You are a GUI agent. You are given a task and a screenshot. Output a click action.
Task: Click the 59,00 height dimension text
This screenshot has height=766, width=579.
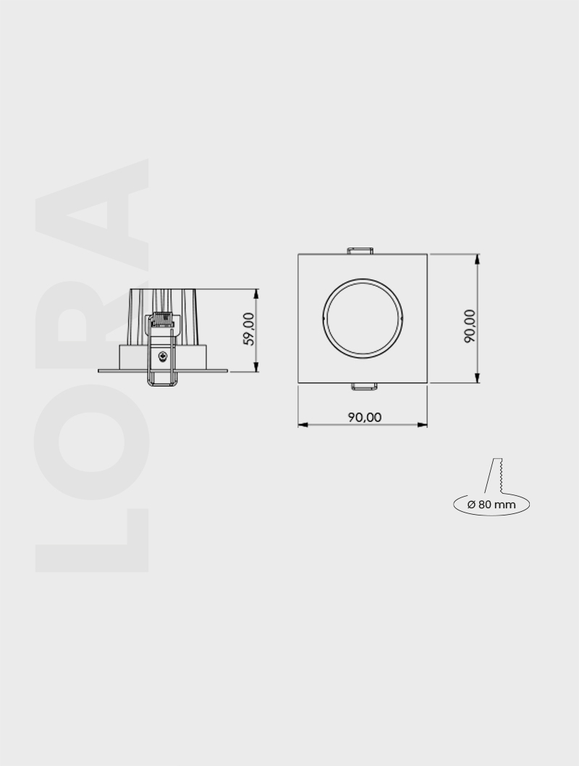249,330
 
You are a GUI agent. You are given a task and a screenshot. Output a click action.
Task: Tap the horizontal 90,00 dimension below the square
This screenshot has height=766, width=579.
364,418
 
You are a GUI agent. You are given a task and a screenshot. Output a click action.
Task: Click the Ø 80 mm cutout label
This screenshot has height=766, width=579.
491,504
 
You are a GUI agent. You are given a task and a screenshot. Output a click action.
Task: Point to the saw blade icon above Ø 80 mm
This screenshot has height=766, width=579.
498,475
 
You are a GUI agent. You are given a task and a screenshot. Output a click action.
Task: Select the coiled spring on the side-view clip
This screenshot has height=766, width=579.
163,319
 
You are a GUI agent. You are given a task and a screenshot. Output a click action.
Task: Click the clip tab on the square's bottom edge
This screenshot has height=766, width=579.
364,385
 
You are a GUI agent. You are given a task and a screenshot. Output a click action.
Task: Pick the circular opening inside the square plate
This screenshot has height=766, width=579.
363,318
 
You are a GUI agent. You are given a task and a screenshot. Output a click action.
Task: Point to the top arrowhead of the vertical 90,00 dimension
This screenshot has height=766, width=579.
478,258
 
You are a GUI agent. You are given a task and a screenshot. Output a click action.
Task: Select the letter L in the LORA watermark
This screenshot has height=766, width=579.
91,539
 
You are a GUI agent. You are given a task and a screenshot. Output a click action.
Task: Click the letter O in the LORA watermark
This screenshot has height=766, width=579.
91,438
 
